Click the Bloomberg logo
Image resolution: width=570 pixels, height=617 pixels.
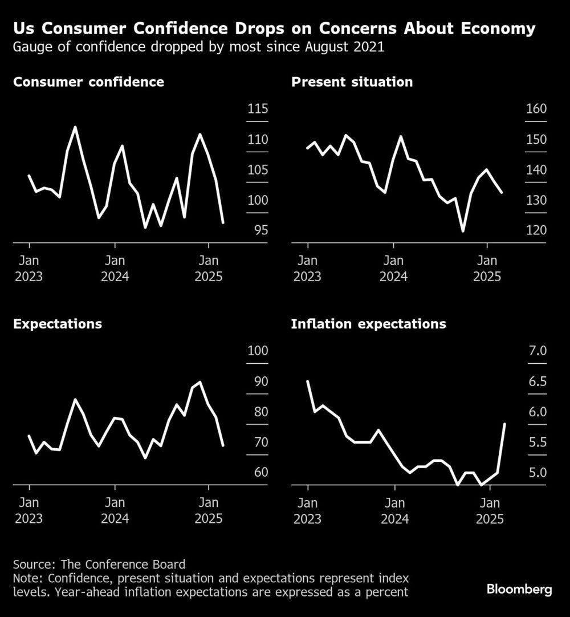[x=519, y=590]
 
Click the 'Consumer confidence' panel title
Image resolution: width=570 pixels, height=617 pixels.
[x=88, y=82]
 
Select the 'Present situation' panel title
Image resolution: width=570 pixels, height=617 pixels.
[x=352, y=82]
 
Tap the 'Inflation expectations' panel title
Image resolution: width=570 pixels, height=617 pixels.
[x=368, y=324]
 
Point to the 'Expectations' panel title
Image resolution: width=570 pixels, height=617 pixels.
[x=58, y=324]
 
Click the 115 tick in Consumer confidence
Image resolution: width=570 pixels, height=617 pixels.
[x=258, y=110]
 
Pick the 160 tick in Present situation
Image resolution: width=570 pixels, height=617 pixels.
[x=536, y=110]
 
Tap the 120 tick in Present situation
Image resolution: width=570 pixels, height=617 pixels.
[x=536, y=231]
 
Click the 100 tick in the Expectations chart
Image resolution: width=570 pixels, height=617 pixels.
[x=258, y=352]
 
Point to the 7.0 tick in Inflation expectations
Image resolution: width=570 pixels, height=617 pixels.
[x=538, y=352]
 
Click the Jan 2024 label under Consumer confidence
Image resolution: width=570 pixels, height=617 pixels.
[x=115, y=269]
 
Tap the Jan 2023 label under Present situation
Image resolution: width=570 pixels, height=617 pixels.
[x=308, y=269]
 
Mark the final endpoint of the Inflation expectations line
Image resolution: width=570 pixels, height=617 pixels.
[x=505, y=424]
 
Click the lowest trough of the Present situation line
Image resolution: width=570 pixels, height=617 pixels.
[x=463, y=231]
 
